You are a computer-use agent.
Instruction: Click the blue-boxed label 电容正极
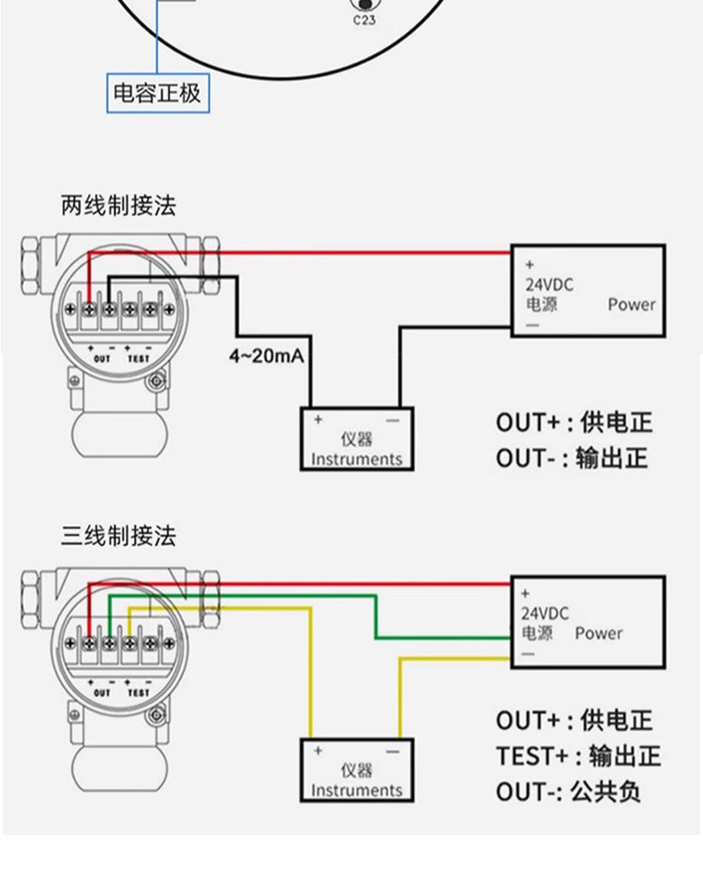coord(157,93)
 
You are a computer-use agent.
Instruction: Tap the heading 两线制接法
coord(118,205)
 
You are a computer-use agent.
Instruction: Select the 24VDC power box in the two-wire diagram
coord(588,290)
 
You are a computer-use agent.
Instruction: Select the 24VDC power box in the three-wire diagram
coord(588,620)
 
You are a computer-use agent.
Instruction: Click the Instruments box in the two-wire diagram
coord(356,438)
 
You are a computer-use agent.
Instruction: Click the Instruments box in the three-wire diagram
coord(356,770)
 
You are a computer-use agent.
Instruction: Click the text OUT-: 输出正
coord(572,459)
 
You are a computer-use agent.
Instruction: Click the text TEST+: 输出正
coord(578,756)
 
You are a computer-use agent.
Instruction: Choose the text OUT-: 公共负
coord(569,791)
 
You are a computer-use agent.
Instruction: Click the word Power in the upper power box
coord(632,304)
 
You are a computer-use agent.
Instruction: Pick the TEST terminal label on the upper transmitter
coord(138,358)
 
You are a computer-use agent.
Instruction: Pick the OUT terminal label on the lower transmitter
coord(102,691)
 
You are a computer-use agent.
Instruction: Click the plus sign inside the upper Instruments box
coord(318,419)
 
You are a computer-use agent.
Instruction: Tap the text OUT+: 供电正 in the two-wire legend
coord(574,422)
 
